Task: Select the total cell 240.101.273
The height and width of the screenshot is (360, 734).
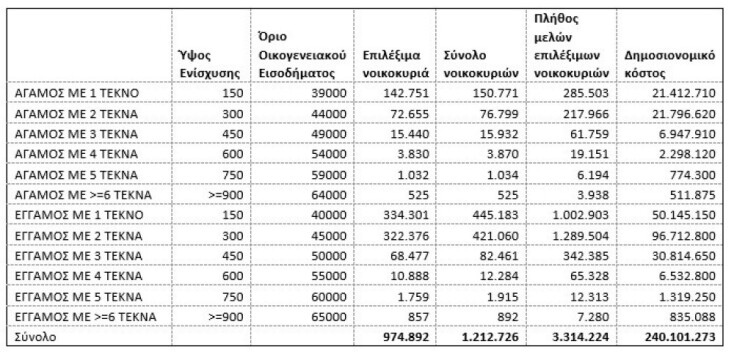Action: click(678, 336)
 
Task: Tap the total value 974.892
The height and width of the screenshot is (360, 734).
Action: click(404, 336)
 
